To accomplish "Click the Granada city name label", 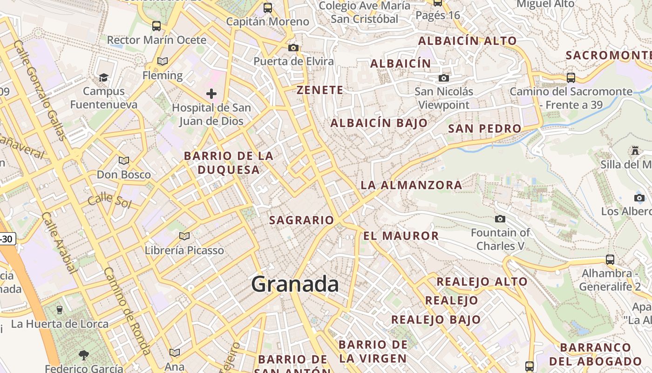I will [x=295, y=284].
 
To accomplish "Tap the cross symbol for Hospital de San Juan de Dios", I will [x=211, y=94].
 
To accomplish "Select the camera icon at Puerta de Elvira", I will [x=293, y=48].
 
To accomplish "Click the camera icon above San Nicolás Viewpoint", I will [x=444, y=78].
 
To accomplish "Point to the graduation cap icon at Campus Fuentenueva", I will [x=103, y=77].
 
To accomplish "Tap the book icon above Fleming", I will [x=163, y=62].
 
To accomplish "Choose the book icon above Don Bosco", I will [x=124, y=161].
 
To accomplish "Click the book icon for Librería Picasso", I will [x=184, y=236].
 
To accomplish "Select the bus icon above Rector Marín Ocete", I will [x=156, y=26].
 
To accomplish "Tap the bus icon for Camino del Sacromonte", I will [x=571, y=78].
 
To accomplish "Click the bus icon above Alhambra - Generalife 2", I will [x=610, y=260].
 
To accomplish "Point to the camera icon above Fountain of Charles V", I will [x=500, y=219].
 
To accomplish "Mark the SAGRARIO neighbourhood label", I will [x=302, y=220].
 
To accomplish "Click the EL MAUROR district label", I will [x=401, y=236].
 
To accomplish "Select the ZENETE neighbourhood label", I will [x=320, y=90].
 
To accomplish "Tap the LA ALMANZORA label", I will [x=411, y=185].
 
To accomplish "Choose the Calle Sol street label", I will [x=109, y=200].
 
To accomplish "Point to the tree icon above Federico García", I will [x=84, y=356].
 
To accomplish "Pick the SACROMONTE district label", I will [x=608, y=55].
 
